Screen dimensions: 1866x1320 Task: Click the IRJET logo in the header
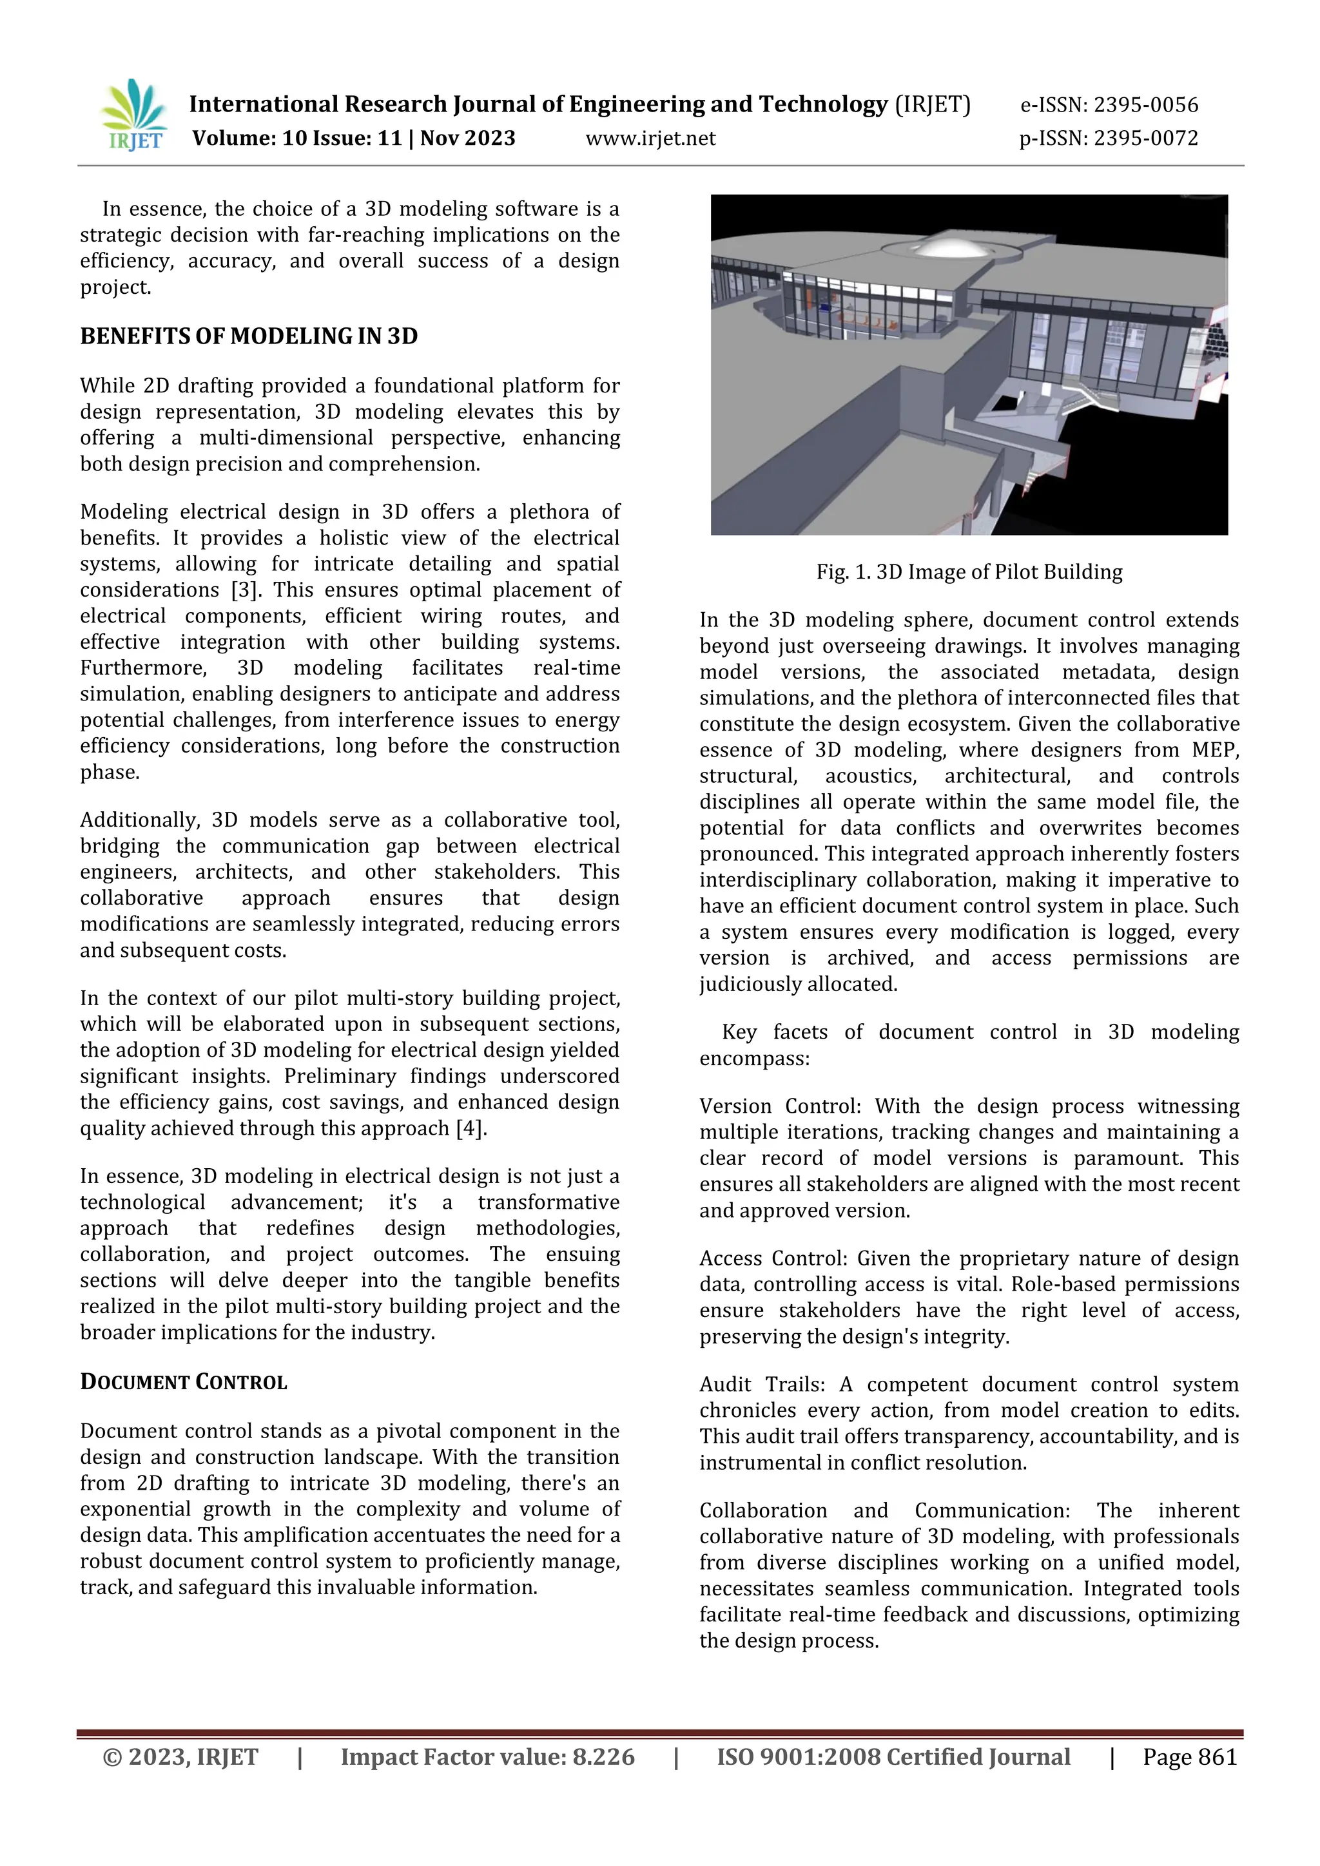tap(134, 115)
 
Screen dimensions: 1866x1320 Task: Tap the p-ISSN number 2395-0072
tap(1145, 138)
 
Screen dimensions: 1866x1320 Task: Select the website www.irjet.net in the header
tap(650, 138)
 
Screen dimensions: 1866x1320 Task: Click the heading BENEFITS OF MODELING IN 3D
tap(249, 336)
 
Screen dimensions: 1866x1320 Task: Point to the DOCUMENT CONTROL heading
tap(184, 1383)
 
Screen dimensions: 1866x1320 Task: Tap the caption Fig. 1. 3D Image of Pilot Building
tap(969, 572)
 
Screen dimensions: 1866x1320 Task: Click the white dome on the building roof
tap(943, 242)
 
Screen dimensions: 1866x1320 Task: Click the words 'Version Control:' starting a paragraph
tap(779, 1107)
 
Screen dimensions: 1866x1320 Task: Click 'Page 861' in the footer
tap(1189, 1757)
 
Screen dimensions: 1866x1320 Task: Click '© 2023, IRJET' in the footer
tap(180, 1757)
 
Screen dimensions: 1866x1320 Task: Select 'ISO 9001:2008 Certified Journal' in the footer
tap(893, 1757)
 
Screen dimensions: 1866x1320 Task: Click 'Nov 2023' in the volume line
tap(467, 138)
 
